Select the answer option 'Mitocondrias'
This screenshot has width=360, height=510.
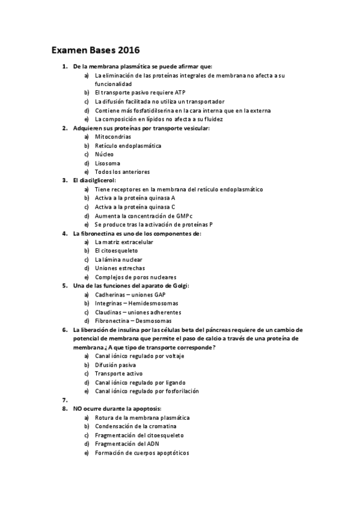click(x=113, y=137)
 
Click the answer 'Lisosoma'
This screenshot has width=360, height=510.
click(x=108, y=163)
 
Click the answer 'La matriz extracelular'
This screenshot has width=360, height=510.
click(x=124, y=242)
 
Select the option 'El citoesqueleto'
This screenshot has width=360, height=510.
click(x=116, y=251)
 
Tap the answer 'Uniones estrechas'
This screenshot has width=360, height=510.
click(x=120, y=268)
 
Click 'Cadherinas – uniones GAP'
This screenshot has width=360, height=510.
click(x=130, y=295)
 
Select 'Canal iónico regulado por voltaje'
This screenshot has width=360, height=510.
click(x=139, y=356)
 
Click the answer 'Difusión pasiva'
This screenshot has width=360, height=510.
click(x=115, y=364)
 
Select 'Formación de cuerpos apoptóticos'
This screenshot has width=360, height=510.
click(x=142, y=452)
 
